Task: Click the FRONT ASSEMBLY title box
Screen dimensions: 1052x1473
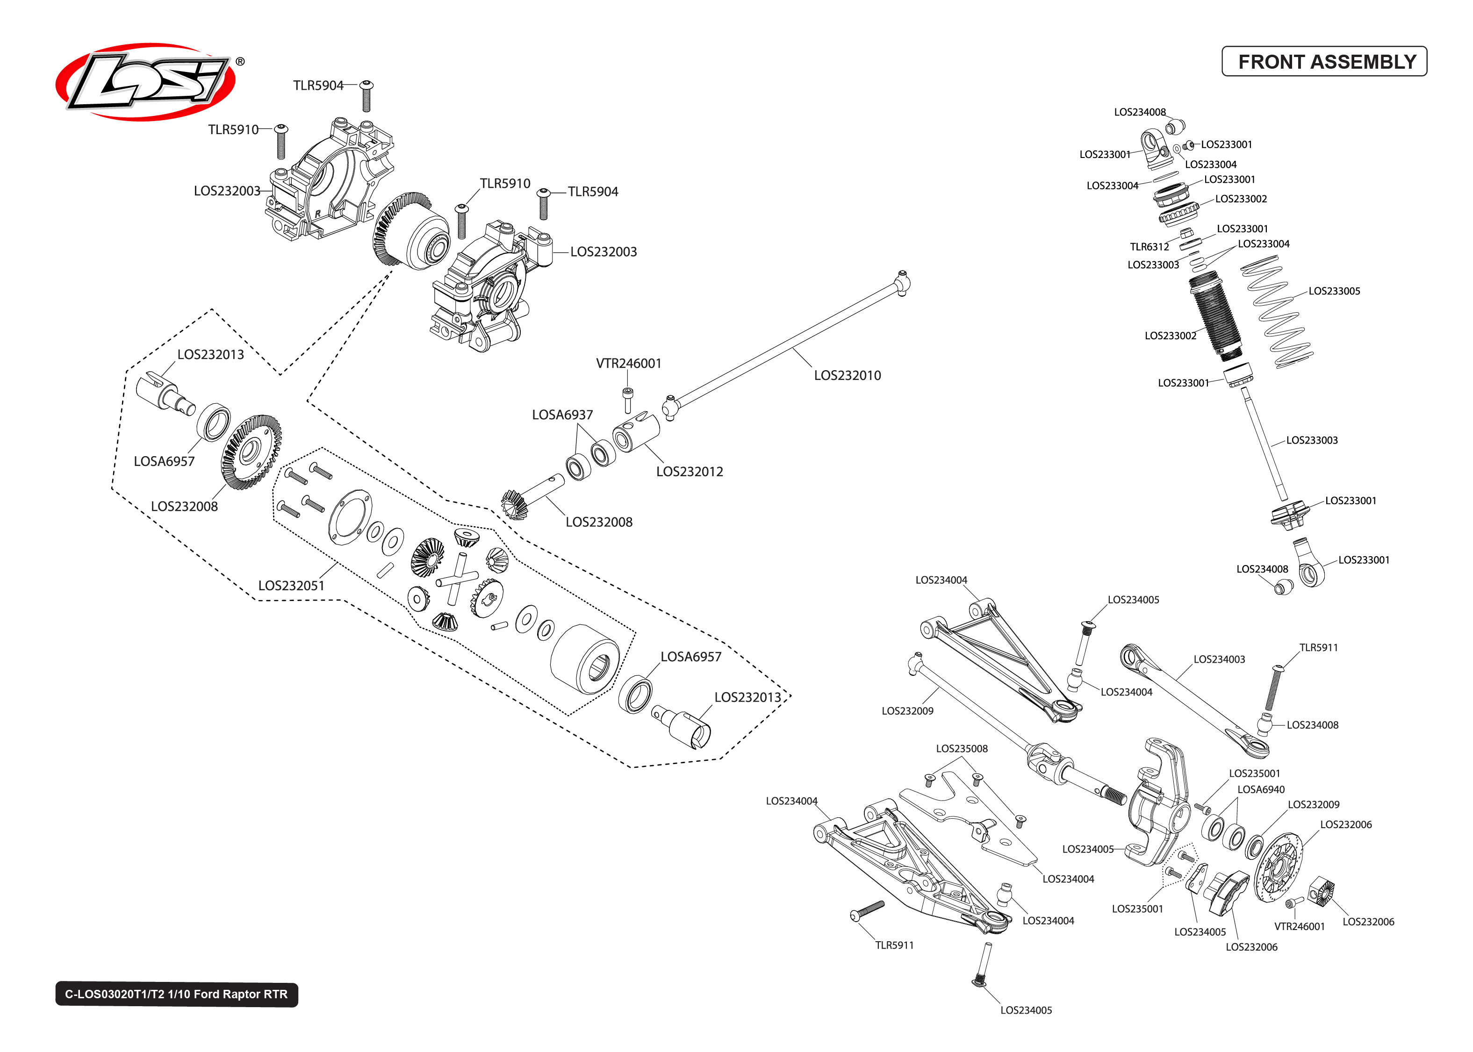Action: pos(1323,62)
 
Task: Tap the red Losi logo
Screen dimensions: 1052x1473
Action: pos(146,82)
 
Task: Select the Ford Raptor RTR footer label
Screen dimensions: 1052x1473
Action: pos(176,994)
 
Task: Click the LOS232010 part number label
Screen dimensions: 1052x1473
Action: pos(847,375)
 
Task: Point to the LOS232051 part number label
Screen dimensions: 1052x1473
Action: pos(291,585)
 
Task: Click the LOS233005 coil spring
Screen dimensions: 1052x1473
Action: pos(1277,312)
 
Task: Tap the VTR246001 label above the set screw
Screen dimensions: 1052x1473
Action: pos(628,364)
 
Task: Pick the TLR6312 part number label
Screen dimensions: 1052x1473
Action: pos(1149,247)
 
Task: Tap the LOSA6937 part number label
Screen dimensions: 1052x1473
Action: pos(561,415)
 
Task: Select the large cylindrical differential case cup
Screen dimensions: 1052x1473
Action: pos(584,659)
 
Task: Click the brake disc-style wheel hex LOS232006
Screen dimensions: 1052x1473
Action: pos(1278,868)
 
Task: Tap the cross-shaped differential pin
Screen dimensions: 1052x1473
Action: pos(457,579)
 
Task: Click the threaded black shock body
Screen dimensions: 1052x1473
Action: pos(1216,316)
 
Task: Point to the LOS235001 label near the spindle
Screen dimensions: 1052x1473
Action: pos(1254,773)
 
